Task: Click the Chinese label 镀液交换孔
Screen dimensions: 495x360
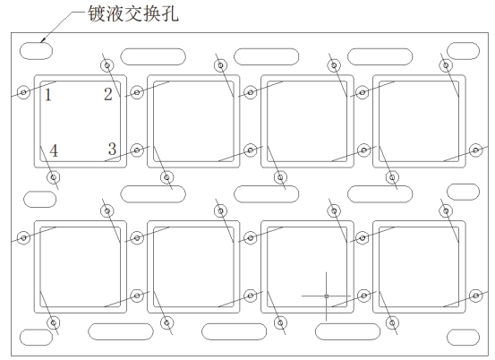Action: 133,14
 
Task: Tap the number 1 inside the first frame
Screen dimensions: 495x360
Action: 48,95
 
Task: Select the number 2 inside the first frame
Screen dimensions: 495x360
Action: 108,94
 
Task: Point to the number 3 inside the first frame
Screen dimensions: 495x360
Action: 112,149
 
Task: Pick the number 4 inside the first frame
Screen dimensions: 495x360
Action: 54,150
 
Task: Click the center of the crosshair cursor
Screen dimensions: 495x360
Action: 327,296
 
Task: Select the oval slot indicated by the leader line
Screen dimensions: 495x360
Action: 36,50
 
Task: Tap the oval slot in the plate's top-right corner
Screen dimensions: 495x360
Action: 463,50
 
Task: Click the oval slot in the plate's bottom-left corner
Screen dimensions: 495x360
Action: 36,338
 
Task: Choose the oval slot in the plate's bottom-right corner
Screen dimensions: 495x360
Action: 463,338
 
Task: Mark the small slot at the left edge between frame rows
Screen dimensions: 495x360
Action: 39,200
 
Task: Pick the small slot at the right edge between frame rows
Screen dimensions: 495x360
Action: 463,192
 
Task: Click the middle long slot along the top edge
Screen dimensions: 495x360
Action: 267,56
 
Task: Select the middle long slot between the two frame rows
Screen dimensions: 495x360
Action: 267,194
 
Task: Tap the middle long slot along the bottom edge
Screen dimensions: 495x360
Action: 234,331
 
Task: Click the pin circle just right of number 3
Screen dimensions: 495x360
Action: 137,150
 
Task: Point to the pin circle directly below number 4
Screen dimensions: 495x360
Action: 54,177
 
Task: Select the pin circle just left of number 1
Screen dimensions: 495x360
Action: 23,92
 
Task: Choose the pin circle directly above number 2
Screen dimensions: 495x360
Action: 107,65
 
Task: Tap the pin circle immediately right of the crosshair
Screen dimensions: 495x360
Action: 363,296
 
